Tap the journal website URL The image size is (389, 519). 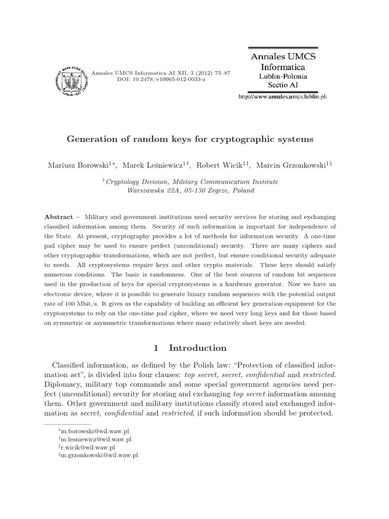click(283, 97)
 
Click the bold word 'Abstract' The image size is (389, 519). click(59, 216)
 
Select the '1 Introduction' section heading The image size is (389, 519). click(190, 348)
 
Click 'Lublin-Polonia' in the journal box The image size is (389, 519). click(283, 75)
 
